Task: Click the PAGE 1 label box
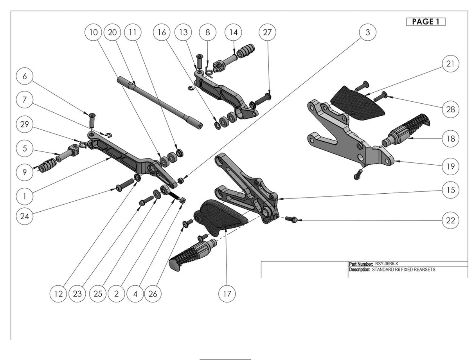(426, 22)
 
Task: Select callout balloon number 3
(367, 32)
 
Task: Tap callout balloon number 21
(451, 63)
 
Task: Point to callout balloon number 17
(227, 293)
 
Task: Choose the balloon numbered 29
(25, 124)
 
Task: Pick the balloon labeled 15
(451, 191)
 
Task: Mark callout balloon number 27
(267, 32)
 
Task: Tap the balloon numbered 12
(59, 293)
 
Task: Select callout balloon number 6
(25, 76)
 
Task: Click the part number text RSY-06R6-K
(387, 264)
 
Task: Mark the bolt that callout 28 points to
(380, 95)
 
